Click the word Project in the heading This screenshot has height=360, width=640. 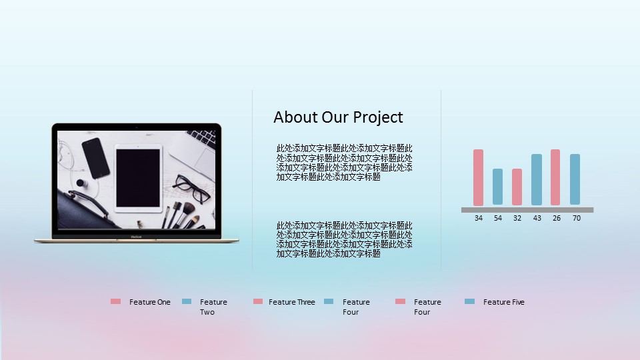click(377, 117)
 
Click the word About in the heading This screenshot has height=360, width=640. click(296, 117)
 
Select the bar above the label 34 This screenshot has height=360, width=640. click(479, 177)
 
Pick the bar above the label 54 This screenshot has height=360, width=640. click(497, 187)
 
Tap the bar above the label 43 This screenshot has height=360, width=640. click(537, 179)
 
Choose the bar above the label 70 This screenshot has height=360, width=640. click(575, 179)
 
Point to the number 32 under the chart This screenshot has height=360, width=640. click(517, 219)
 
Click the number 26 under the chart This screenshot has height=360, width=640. click(557, 219)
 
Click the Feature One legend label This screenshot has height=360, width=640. click(150, 302)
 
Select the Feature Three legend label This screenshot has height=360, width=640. click(292, 302)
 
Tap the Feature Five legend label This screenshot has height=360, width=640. click(504, 302)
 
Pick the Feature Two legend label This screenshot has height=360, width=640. click(213, 307)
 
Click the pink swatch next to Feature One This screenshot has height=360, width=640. click(115, 301)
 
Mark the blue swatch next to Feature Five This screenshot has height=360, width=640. click(470, 301)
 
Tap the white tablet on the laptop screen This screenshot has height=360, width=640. click(138, 179)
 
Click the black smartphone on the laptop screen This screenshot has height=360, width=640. click(96, 158)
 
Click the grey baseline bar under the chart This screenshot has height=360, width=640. click(527, 210)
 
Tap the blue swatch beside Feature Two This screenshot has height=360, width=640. click(187, 301)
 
